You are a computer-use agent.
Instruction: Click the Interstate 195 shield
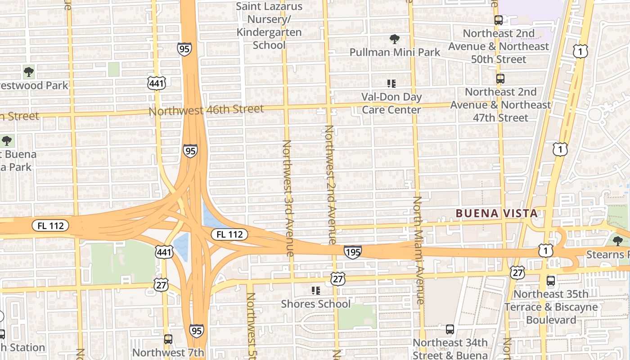(352, 252)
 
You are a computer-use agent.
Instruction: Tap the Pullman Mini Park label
(395, 52)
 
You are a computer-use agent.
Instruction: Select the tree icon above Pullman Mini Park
(394, 39)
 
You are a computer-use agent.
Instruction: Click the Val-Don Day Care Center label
(391, 103)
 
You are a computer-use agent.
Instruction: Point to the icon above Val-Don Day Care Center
(391, 83)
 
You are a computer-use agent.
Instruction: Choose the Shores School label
(315, 304)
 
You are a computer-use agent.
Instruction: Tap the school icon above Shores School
(316, 291)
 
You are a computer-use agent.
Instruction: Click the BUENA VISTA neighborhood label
(496, 213)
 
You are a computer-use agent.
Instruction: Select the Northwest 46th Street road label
(206, 110)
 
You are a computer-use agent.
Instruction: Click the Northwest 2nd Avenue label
(330, 184)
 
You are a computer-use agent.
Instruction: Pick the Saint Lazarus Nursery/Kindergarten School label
(269, 26)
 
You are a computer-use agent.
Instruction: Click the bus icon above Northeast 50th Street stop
(498, 20)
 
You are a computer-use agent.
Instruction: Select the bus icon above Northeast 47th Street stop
(500, 79)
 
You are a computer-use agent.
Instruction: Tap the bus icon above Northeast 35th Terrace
(550, 281)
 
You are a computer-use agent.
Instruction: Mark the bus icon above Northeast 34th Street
(450, 329)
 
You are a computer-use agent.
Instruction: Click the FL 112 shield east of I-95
(229, 234)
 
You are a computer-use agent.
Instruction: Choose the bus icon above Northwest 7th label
(168, 339)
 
